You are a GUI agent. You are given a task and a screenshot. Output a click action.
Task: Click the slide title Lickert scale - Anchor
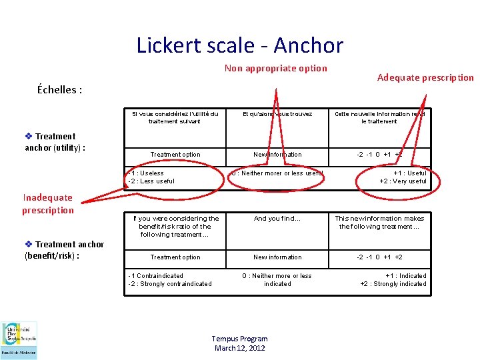239,45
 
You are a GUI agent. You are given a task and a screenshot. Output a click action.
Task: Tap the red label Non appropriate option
275,68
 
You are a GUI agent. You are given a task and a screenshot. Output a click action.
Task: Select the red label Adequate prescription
425,77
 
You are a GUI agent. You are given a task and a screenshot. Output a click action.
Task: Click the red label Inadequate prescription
48,203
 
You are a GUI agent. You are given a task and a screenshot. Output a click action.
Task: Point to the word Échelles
59,90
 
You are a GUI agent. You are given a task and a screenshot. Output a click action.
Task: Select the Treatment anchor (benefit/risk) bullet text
64,249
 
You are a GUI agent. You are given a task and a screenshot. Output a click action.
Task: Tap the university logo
19,340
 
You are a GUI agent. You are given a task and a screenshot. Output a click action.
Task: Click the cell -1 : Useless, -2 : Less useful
152,177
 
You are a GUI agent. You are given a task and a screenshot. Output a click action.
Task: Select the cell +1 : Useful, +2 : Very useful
403,177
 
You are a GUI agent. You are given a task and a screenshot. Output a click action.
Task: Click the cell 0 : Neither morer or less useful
277,173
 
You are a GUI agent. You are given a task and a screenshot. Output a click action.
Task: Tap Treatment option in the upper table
175,155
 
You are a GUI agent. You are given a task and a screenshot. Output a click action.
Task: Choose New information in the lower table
277,257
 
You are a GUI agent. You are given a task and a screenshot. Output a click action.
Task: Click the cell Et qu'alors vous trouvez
277,114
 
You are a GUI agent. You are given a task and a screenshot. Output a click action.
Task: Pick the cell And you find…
277,219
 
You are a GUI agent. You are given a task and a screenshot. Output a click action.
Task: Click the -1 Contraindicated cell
170,280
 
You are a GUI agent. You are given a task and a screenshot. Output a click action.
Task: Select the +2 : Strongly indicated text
393,284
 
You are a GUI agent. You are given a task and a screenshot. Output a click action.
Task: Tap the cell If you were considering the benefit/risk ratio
175,227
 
